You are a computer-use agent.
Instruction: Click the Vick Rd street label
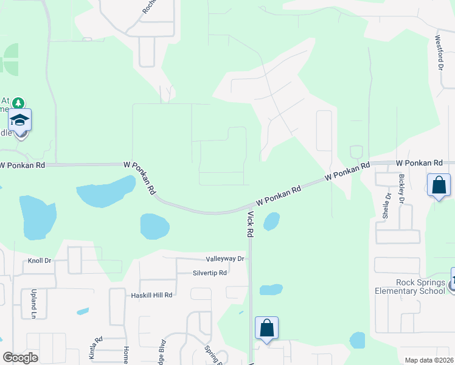point(249,224)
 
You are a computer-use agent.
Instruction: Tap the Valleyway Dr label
point(224,259)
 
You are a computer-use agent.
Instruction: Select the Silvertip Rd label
point(209,273)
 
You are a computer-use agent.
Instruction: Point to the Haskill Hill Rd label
point(152,294)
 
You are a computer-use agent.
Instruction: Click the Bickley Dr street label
point(401,189)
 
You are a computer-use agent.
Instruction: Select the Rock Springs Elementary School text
point(420,287)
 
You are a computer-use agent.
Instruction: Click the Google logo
point(20,358)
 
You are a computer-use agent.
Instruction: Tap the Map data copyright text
point(429,360)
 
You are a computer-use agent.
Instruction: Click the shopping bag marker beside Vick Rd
point(266,328)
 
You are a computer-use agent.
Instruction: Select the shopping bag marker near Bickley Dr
point(439,185)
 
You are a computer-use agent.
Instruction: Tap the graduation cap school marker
point(20,120)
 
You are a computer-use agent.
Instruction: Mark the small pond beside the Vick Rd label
point(271,221)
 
